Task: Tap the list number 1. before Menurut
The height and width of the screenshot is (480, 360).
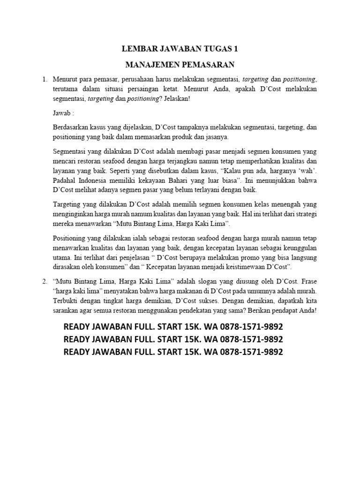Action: [45, 79]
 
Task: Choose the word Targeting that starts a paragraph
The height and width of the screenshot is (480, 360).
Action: [67, 205]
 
